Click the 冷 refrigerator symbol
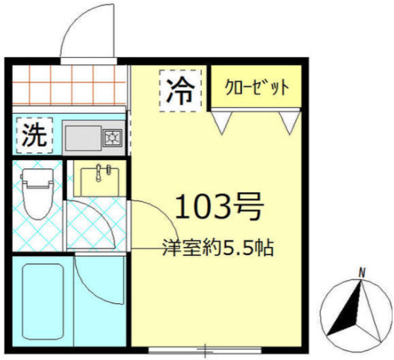click(179, 91)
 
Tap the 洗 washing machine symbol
click(33, 135)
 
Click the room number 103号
click(219, 205)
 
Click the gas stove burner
click(113, 137)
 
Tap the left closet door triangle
click(222, 120)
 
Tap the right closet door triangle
click(289, 120)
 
